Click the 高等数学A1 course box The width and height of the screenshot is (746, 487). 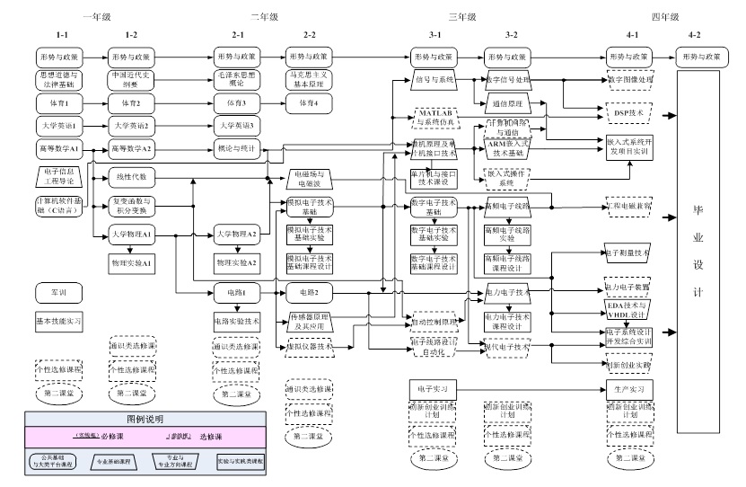coord(59,147)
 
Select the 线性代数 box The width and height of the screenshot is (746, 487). coord(131,176)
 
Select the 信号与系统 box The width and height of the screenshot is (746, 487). coord(434,79)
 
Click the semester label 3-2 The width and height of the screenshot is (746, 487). coord(511,34)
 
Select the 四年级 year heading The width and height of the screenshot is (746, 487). coord(664,16)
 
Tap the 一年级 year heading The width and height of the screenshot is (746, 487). coord(96,16)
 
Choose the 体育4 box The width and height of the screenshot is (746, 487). coord(309,102)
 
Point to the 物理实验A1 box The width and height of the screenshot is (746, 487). coord(131,261)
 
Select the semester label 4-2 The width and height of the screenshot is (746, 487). coord(695,34)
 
